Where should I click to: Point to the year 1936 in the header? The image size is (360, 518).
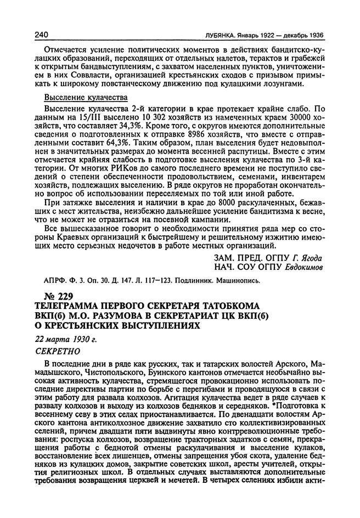pos(313,35)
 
